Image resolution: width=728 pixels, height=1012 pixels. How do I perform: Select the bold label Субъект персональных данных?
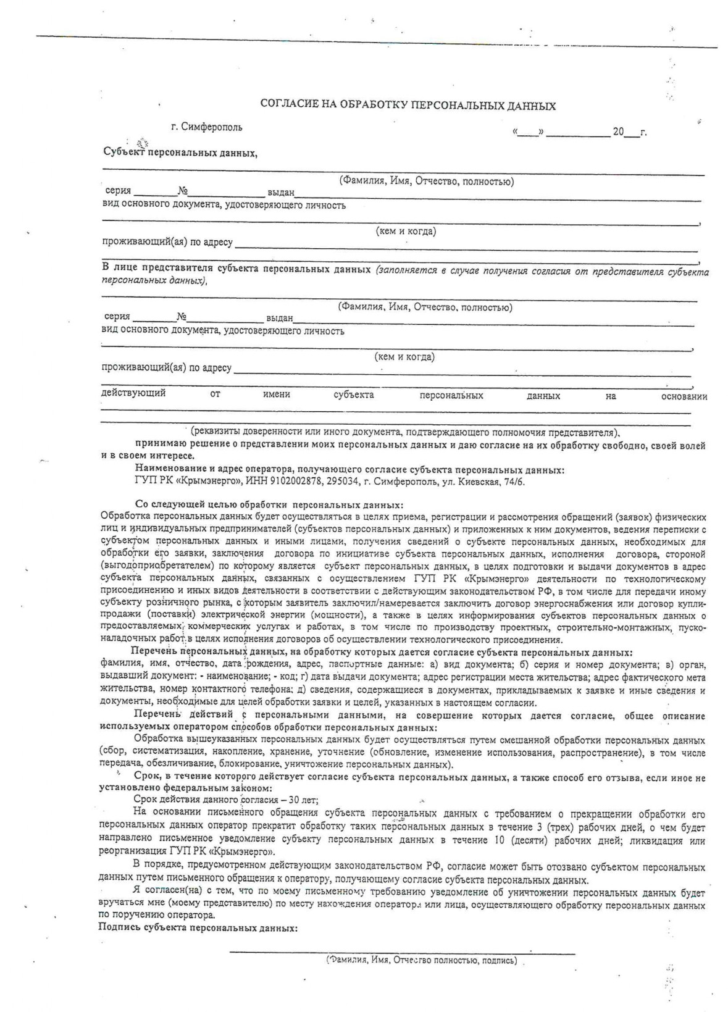click(x=179, y=153)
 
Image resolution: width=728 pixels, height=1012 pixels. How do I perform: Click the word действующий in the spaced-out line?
click(x=133, y=393)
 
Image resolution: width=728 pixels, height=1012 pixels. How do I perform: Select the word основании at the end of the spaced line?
click(x=684, y=396)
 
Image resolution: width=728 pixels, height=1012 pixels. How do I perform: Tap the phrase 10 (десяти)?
click(x=522, y=840)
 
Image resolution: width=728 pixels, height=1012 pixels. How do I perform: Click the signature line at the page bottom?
click(x=401, y=953)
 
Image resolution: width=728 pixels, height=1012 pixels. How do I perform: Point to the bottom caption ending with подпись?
click(x=421, y=961)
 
